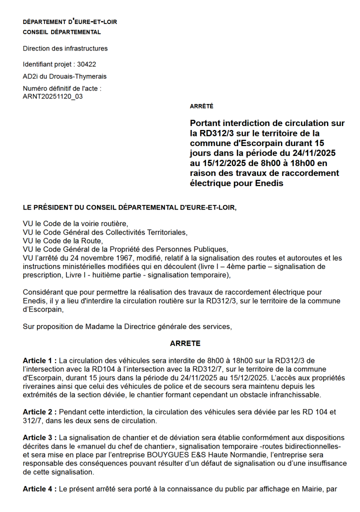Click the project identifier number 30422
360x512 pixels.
(x=87, y=64)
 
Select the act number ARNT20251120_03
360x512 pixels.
(x=53, y=96)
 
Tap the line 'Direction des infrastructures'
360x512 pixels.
(x=65, y=48)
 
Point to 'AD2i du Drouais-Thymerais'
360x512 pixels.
(x=64, y=76)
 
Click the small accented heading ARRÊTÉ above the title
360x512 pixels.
(x=201, y=106)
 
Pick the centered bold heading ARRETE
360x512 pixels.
(x=185, y=343)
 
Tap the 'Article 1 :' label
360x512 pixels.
(x=40, y=360)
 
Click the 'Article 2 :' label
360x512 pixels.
(x=40, y=412)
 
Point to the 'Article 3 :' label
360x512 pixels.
(x=40, y=437)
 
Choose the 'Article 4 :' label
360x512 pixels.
(x=40, y=489)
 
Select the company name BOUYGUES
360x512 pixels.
(x=168, y=455)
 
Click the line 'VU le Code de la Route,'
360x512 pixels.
(x=62, y=240)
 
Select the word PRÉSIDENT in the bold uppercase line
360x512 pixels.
(x=55, y=206)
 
